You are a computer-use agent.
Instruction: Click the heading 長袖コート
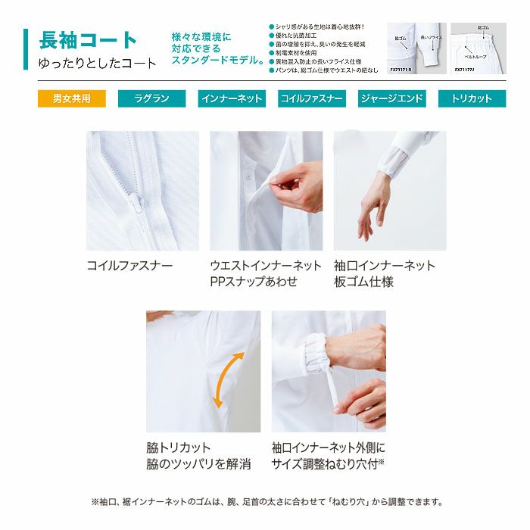(88, 40)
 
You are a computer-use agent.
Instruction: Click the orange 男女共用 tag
(72, 98)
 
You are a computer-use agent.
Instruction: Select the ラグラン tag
(151, 98)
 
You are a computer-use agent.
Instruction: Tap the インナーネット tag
(232, 98)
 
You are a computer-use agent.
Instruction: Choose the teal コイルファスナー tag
(312, 98)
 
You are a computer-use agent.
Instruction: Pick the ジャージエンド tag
(391, 98)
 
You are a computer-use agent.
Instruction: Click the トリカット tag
(471, 98)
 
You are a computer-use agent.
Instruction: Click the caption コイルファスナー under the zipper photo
(129, 266)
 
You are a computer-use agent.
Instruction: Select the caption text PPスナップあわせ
(254, 282)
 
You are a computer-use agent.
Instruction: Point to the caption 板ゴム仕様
(363, 282)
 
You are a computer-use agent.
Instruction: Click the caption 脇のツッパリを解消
(198, 463)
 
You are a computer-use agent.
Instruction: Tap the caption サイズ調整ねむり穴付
(326, 463)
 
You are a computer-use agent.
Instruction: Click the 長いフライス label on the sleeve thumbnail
(431, 36)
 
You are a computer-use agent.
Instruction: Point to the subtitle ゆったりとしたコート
(98, 64)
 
